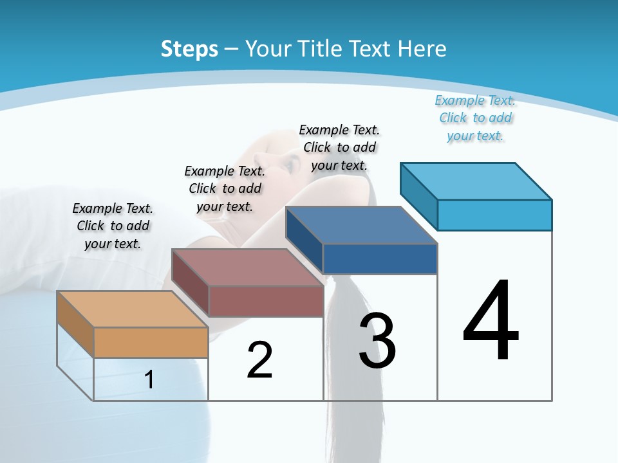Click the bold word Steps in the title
[189, 49]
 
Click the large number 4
[491, 321]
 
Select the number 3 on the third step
[377, 341]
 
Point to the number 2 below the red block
[259, 360]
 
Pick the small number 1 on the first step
[149, 379]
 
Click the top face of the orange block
[132, 309]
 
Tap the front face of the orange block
[151, 342]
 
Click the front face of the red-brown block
[265, 301]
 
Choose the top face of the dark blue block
[361, 225]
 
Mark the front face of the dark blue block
[380, 259]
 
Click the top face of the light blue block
[476, 181]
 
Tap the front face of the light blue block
[494, 215]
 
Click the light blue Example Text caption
[475, 118]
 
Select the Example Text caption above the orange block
[113, 226]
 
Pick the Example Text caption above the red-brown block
[225, 188]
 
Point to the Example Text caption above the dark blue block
[339, 147]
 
